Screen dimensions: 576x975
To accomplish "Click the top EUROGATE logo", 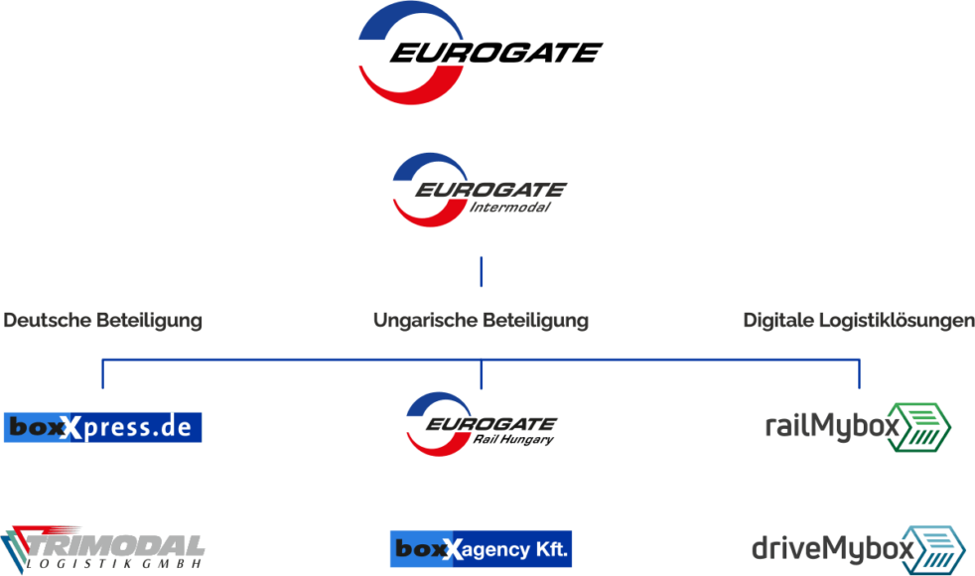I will (x=479, y=52).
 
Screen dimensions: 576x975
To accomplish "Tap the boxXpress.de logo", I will (x=103, y=427).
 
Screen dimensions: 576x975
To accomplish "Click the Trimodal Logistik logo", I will (x=103, y=548).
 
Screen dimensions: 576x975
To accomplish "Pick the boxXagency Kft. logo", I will (x=481, y=549).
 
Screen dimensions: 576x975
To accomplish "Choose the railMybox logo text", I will (x=832, y=426).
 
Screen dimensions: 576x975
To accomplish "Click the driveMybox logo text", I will (x=831, y=548).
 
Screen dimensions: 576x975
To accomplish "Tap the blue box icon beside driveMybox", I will (x=933, y=549).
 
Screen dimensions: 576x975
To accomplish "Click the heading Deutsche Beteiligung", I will (x=103, y=321).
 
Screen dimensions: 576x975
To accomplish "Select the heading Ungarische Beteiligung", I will (x=481, y=321).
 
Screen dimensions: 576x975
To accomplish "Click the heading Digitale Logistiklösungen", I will (x=858, y=321).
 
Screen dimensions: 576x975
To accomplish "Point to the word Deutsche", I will (x=46, y=321).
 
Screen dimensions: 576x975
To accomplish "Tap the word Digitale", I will (x=778, y=321).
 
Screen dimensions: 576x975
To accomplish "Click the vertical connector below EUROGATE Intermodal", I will (x=482, y=271).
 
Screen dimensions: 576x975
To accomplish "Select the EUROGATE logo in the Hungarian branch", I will (x=481, y=420).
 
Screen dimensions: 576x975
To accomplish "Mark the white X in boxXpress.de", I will (x=71, y=428).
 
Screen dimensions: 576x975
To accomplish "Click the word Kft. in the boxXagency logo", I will (x=548, y=549).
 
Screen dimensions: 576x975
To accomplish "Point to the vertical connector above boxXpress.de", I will (x=103, y=375).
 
